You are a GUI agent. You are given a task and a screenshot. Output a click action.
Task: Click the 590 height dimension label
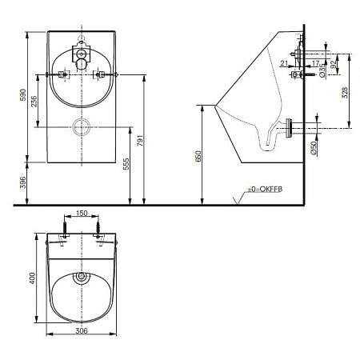(23, 94)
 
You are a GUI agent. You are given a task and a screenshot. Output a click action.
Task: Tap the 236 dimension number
(34, 102)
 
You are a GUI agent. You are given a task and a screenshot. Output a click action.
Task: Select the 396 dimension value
(23, 182)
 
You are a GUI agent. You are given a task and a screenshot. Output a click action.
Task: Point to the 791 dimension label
(140, 141)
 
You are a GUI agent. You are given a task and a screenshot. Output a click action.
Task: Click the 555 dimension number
(126, 164)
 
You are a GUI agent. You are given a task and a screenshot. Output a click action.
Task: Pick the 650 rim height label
(198, 156)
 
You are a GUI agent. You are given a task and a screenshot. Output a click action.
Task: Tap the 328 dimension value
(345, 93)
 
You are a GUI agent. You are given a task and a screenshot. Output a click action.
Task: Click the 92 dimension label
(333, 64)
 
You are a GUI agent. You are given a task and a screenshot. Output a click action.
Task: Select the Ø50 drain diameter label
(314, 148)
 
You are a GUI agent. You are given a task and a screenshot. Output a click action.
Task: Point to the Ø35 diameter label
(322, 70)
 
